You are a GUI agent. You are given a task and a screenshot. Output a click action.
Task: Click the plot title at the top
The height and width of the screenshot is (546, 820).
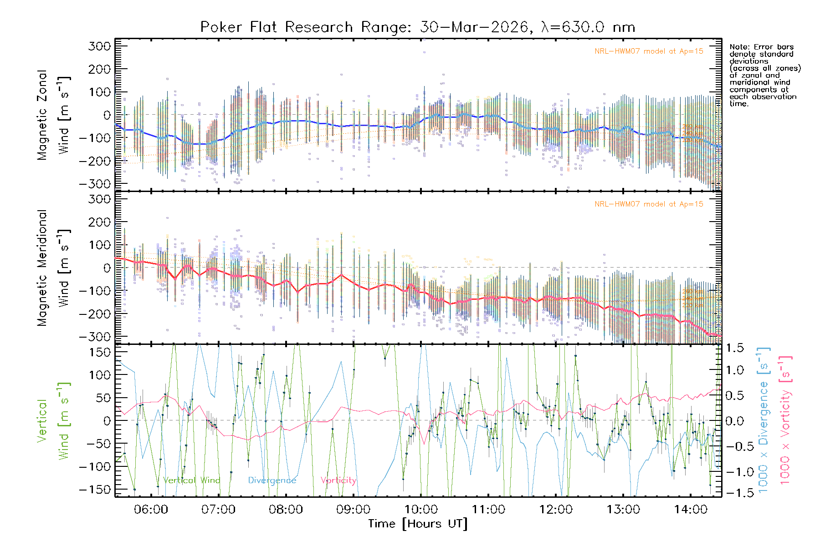tap(417, 27)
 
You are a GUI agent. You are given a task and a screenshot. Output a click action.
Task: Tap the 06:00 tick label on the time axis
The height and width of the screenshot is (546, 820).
tap(151, 509)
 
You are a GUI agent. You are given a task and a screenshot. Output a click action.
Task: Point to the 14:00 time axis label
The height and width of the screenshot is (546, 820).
tap(691, 509)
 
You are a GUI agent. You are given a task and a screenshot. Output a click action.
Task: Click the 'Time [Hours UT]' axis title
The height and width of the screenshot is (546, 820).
tap(418, 524)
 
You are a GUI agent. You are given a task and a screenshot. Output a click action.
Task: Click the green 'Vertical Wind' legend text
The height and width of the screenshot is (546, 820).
tap(191, 480)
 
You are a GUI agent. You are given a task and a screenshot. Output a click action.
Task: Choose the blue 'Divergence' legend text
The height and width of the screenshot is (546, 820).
tap(272, 480)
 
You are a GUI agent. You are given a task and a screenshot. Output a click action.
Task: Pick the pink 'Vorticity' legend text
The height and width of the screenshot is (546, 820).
tap(338, 480)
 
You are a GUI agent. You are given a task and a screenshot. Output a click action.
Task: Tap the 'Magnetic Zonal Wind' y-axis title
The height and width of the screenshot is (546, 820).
tap(54, 115)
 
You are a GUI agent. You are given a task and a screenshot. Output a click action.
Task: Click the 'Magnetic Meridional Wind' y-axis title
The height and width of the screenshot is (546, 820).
tap(54, 268)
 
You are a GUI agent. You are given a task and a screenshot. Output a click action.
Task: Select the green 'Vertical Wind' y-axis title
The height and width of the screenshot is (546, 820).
tap(53, 421)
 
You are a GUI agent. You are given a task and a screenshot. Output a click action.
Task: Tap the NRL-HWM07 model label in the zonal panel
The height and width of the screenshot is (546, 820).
tap(649, 51)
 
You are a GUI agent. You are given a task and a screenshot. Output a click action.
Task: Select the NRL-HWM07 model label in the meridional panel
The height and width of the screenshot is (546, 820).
tap(649, 204)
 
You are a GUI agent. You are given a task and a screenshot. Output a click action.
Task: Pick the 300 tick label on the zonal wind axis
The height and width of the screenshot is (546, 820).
tap(99, 46)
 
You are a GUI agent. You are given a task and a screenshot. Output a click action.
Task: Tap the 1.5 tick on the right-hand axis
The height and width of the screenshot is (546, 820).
tap(735, 348)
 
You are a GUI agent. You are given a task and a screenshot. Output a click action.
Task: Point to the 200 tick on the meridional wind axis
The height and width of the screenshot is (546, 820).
tap(99, 222)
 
